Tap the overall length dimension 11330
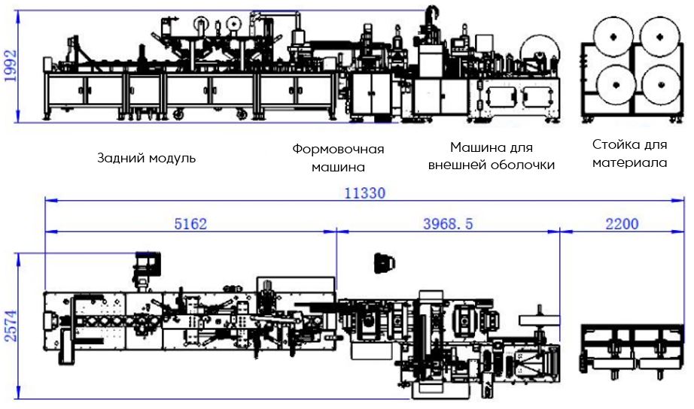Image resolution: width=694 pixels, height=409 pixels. [365, 192]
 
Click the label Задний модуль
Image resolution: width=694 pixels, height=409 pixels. [147, 159]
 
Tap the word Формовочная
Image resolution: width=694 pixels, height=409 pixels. [338, 149]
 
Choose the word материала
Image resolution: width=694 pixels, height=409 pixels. [629, 162]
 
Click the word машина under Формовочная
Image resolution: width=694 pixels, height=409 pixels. [338, 167]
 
